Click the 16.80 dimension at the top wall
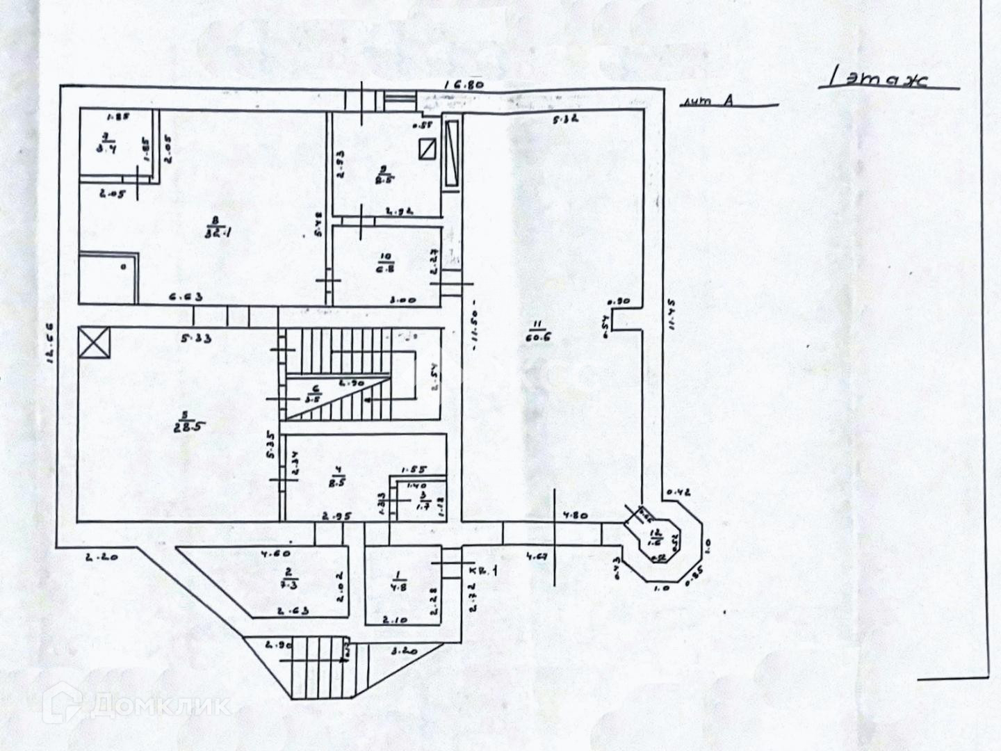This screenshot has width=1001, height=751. (464, 85)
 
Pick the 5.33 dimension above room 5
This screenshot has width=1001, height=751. (196, 339)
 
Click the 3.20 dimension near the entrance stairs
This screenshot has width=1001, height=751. (404, 652)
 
